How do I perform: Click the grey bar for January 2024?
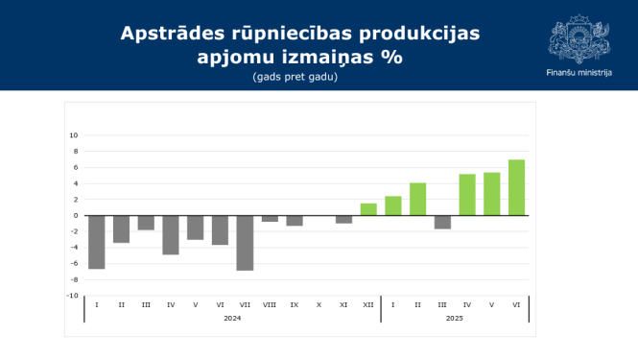pyautogui.click(x=96, y=242)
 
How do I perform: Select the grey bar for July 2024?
pyautogui.click(x=245, y=243)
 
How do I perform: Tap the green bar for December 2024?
pyautogui.click(x=368, y=209)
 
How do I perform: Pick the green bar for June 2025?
pyautogui.click(x=516, y=187)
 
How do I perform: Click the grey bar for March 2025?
pyautogui.click(x=442, y=222)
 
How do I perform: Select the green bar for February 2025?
pyautogui.click(x=417, y=199)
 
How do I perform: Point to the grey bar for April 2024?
pyautogui.click(x=171, y=235)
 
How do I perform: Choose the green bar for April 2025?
pyautogui.click(x=467, y=195)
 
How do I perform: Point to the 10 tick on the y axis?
pyautogui.click(x=74, y=135)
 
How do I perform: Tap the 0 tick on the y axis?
pyautogui.click(x=75, y=215)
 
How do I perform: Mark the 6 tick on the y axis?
pyautogui.click(x=75, y=167)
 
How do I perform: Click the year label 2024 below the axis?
pyautogui.click(x=232, y=318)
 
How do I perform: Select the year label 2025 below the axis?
pyautogui.click(x=455, y=318)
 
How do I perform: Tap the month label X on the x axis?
pyautogui.click(x=319, y=304)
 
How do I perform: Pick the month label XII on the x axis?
pyautogui.click(x=368, y=304)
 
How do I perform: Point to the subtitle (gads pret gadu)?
pyautogui.click(x=295, y=76)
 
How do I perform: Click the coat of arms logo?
pyautogui.click(x=578, y=37)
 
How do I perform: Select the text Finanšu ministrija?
pyautogui.click(x=578, y=73)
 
